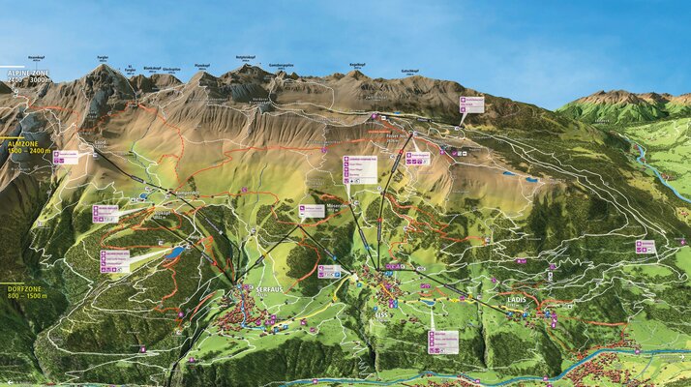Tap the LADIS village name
pos(518,300)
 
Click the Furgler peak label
pos(103,59)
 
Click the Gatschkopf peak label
pos(409,72)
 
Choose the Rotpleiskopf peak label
pos(246,59)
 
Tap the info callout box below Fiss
pos(442,341)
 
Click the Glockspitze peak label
pos(172,70)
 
